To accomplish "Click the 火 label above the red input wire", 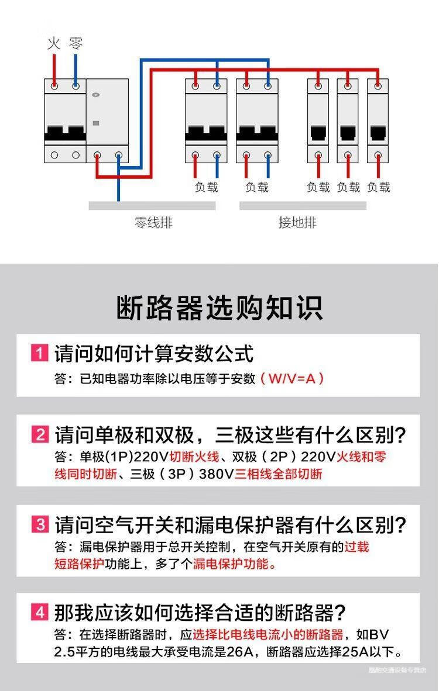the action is tap(54, 43).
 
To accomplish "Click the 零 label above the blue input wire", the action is tap(76, 43).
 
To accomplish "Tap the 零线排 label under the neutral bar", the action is tap(153, 223).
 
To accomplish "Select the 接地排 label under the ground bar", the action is tap(297, 223).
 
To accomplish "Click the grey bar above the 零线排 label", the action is tap(152, 206).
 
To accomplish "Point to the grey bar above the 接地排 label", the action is tap(303, 206).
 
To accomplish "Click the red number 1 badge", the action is tap(39, 353).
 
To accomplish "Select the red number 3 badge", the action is tap(39, 524).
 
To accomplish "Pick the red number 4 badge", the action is tap(39, 612).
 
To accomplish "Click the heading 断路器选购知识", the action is tap(220, 308).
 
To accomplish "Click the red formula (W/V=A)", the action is tap(292, 378).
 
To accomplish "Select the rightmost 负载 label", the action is tap(379, 188).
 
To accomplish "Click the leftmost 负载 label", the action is tap(206, 188).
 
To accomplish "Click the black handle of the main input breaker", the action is tap(64, 133).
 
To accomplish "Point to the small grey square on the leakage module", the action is tap(97, 123).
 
